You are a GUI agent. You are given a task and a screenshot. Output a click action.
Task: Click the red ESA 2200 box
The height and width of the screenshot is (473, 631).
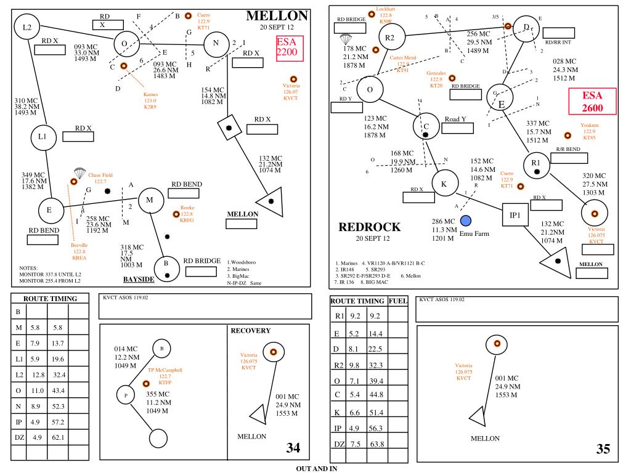pyautogui.click(x=287, y=47)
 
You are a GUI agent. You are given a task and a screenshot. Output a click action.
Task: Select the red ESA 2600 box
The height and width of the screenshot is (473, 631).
pyautogui.click(x=592, y=102)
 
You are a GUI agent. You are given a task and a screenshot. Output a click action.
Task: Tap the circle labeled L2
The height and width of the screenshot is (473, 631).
pyautogui.click(x=27, y=27)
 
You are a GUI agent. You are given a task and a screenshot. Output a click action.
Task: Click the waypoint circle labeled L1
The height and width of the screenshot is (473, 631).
pyautogui.click(x=43, y=137)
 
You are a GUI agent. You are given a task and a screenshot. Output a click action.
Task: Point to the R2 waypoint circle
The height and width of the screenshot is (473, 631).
pyautogui.click(x=390, y=38)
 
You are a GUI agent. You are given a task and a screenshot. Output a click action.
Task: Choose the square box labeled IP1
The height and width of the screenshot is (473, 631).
pyautogui.click(x=515, y=216)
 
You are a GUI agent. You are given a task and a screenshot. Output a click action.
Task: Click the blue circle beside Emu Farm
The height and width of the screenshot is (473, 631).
pyautogui.click(x=466, y=220)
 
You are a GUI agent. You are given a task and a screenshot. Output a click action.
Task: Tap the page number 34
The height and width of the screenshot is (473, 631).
pyautogui.click(x=293, y=448)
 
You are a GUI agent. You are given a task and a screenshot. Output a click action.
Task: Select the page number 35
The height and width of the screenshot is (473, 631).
pyautogui.click(x=603, y=449)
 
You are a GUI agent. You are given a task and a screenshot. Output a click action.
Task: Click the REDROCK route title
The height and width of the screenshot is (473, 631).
pyautogui.click(x=370, y=227)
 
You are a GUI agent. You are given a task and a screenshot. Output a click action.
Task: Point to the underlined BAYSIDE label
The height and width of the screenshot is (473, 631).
pyautogui.click(x=139, y=279)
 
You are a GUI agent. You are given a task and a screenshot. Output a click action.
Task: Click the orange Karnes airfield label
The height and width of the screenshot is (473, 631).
pyautogui.click(x=150, y=100)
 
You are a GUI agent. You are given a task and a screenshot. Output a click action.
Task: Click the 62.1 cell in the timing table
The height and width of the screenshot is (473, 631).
pyautogui.click(x=59, y=437)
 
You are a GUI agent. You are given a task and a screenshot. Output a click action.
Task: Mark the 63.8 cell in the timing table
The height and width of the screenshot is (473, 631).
pyautogui.click(x=376, y=444)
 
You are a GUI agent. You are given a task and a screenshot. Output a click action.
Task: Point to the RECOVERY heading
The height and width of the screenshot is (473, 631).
pyautogui.click(x=251, y=331)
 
